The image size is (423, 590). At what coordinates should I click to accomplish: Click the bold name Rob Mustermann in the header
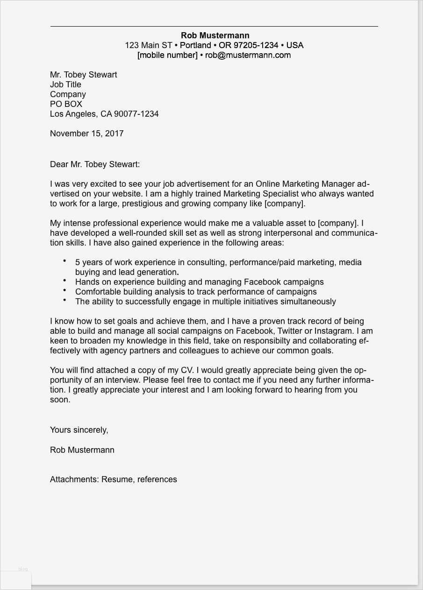pos(215,35)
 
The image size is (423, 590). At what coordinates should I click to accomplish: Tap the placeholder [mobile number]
pos(167,55)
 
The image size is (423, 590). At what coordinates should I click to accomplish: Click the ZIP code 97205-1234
pos(249,45)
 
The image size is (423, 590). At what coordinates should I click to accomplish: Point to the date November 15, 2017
pos(87,133)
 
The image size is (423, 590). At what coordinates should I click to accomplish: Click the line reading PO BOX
pos(66,104)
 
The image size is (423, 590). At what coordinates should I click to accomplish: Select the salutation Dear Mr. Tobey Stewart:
pos(95,164)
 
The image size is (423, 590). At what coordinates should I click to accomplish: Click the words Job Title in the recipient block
pos(65,84)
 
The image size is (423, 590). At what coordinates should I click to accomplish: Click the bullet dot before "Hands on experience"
pos(65,281)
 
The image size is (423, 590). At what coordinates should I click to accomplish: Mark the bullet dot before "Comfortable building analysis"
pos(65,290)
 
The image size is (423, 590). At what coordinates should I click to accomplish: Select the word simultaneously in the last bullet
pos(308,302)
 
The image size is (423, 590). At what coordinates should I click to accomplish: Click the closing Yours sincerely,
pos(79,430)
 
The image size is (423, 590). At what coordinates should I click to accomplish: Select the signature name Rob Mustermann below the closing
pos(82,450)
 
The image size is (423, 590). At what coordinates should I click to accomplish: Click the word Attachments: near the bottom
pos(74,479)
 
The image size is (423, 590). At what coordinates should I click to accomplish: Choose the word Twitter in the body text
pos(290,331)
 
